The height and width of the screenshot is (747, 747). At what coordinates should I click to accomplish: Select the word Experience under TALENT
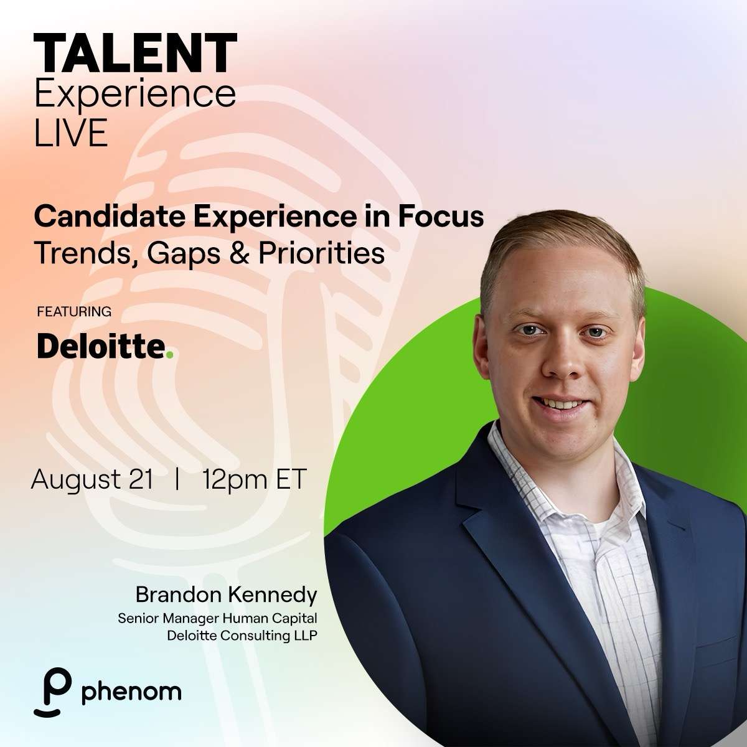(x=135, y=95)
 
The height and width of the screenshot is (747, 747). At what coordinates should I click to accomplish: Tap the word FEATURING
(x=74, y=311)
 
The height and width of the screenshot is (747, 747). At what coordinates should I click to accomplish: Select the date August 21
(x=92, y=479)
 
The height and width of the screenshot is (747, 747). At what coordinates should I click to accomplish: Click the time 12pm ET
(x=255, y=479)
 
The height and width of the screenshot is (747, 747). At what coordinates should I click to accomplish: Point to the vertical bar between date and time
(x=179, y=479)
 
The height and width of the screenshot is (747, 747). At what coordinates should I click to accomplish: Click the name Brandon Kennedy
(x=226, y=595)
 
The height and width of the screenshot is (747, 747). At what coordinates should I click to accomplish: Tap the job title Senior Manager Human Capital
(x=217, y=619)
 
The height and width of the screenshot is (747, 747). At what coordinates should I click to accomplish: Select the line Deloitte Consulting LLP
(x=238, y=636)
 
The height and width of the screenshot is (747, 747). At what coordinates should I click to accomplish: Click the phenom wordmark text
(x=131, y=692)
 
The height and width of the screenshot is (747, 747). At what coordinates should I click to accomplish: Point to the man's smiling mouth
(x=561, y=403)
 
